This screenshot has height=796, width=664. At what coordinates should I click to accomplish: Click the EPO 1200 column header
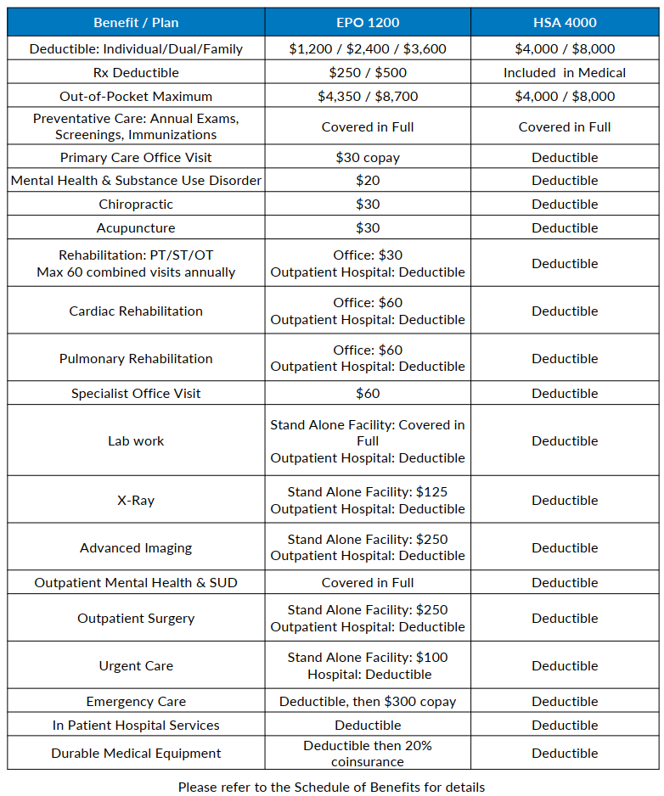[x=368, y=22]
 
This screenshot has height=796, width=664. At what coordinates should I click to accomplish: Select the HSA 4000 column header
[x=565, y=22]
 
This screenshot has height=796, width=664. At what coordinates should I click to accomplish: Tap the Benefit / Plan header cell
[x=136, y=22]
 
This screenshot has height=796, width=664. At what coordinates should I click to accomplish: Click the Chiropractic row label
[x=136, y=205]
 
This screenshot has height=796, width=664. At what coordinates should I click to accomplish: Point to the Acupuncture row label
[x=136, y=228]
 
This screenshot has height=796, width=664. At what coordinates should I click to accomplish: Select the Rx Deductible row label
[x=136, y=73]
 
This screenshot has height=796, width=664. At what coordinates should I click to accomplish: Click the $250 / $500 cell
[x=368, y=73]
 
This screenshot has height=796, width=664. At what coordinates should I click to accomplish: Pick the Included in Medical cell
[x=565, y=73]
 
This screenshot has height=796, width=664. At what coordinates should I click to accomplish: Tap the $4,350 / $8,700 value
[x=368, y=97]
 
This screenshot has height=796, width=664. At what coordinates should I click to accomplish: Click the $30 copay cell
[x=368, y=158]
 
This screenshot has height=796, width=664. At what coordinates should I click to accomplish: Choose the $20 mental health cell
[x=368, y=181]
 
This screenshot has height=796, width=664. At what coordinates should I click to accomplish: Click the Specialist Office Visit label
[x=136, y=394]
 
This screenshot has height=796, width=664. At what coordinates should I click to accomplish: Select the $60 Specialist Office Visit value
[x=368, y=394]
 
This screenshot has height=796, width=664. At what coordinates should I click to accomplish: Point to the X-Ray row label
[x=136, y=501]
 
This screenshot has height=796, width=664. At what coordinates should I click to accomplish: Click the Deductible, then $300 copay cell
[x=368, y=702]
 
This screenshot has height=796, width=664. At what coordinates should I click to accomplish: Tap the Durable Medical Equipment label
[x=136, y=754]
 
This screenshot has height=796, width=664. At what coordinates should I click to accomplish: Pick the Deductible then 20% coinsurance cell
[x=368, y=754]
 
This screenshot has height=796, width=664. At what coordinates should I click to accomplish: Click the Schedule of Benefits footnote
[x=331, y=788]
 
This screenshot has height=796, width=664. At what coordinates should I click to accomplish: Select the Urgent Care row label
[x=136, y=666]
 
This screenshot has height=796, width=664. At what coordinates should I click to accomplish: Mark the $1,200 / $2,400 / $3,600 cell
[x=368, y=49]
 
